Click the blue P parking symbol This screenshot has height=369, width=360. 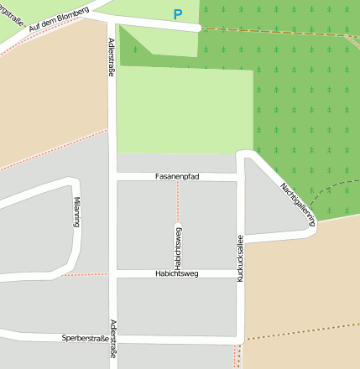coord(177,14)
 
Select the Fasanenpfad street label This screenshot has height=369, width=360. coord(177,177)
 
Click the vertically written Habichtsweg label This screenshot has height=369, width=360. coord(178,243)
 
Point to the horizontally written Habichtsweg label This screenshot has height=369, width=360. coord(177,274)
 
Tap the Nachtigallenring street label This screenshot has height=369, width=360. coord(297,203)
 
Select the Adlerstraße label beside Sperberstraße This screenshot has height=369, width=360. coord(112,339)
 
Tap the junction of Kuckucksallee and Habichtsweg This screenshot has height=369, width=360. coord(240,274)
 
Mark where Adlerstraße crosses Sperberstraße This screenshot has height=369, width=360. coord(112,339)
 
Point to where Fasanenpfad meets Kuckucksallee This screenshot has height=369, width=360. coord(240,178)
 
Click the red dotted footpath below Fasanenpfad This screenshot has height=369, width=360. coord(178,201)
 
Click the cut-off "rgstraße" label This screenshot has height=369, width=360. coord(12,10)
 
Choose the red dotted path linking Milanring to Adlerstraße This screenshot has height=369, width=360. coord(84,274)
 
